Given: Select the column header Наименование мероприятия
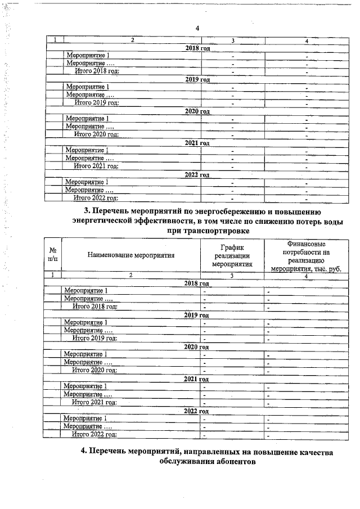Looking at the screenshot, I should coord(131,255).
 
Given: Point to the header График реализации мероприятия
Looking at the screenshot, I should coord(231,255).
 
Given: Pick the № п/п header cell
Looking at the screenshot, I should coord(52,255).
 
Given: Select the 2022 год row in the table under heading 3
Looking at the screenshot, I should coord(197,411).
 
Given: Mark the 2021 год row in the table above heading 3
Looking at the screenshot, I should coord(197,143).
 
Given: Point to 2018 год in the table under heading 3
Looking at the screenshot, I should coord(197,283).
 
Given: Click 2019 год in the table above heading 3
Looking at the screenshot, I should coord(197,79).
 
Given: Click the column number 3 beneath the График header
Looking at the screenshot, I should coord(231,276).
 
